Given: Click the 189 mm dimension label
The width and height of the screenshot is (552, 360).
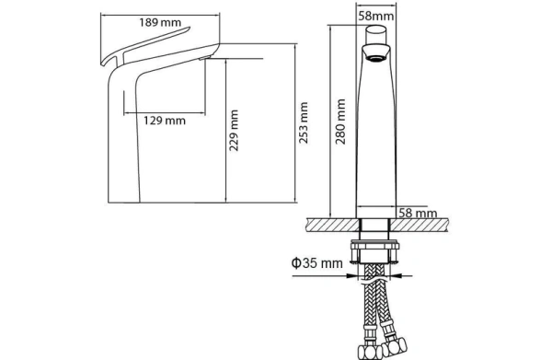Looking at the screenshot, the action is (x=160, y=22).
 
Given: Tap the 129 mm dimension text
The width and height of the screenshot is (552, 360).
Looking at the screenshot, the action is (x=165, y=121).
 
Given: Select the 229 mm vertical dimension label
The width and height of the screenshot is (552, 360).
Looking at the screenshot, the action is (x=234, y=131).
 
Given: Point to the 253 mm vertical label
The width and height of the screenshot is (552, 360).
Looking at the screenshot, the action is (x=303, y=122).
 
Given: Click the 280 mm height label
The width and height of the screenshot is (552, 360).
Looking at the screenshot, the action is (x=340, y=122).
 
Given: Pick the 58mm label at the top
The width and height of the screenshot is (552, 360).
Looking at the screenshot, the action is (x=376, y=16).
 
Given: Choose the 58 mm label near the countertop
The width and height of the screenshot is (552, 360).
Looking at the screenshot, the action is (x=418, y=213).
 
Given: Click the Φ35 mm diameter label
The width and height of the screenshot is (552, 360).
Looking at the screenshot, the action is (x=316, y=262).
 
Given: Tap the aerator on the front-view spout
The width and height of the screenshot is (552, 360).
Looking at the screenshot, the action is (x=376, y=58).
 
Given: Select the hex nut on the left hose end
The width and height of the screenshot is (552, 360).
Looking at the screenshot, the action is (x=369, y=352).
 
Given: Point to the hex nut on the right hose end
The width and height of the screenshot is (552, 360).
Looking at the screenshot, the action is (x=395, y=347).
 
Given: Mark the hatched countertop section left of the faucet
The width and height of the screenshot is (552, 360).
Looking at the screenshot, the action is (x=333, y=225).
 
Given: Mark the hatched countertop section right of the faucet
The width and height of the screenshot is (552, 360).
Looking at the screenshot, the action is (x=419, y=225).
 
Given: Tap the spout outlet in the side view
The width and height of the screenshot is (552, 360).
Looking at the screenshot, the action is (x=205, y=58).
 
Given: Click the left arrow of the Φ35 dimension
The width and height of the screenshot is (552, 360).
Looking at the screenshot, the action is (x=353, y=276).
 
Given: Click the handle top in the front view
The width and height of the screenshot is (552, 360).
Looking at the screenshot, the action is (x=376, y=34).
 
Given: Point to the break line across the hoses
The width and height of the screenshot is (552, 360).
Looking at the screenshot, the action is (x=376, y=281).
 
